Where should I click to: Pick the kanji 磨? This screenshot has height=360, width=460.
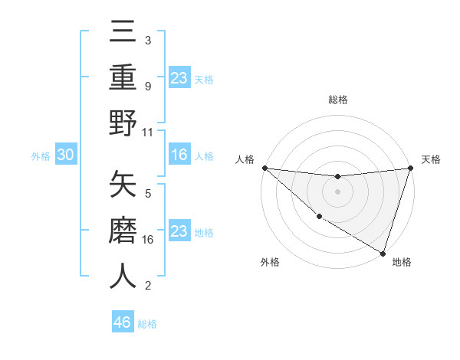tap(123, 231)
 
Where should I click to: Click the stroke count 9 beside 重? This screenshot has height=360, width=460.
tap(147, 86)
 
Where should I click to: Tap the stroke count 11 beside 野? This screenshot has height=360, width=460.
tap(148, 132)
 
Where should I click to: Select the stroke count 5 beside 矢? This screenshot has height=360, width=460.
tap(147, 193)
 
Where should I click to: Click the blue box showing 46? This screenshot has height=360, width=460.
tap(123, 322)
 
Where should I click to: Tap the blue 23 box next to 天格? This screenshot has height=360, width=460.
tap(179, 77)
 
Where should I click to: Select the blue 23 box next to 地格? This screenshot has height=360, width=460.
tap(179, 231)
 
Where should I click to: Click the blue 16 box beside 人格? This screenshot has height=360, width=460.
tap(179, 155)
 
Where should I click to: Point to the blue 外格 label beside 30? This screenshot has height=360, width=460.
tap(41, 156)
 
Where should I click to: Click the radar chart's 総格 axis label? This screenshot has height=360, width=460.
tap(337, 100)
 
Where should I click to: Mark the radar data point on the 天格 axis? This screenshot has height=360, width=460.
tap(410, 169)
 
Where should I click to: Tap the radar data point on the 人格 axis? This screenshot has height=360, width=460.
tap(264, 168)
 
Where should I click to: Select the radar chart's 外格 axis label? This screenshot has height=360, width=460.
tap(270, 263)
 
